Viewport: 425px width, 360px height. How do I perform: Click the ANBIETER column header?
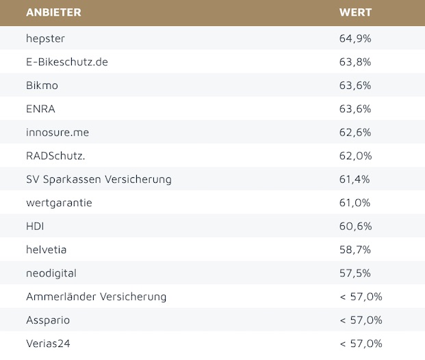pos(53,13)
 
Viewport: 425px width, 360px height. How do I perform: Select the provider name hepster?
pos(45,38)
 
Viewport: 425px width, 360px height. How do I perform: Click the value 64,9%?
pos(355,38)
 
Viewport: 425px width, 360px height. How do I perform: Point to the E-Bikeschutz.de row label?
pos(67,62)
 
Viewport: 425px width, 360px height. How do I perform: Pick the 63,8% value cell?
pos(355,62)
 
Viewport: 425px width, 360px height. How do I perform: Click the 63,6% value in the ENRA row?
pos(355,109)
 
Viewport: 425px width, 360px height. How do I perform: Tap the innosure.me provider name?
pos(57,132)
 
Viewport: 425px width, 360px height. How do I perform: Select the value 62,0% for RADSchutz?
pos(355,155)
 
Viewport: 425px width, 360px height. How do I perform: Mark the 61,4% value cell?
pos(355,179)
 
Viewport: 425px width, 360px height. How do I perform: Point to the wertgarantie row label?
pos(59,203)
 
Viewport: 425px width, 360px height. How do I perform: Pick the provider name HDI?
pos(36,226)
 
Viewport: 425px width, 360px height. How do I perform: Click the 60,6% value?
pos(355,226)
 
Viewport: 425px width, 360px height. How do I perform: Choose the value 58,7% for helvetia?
pos(355,250)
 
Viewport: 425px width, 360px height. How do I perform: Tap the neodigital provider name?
pos(51,273)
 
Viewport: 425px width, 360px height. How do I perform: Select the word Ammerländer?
pos(60,296)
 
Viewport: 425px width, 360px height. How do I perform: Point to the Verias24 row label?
pos(48,344)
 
